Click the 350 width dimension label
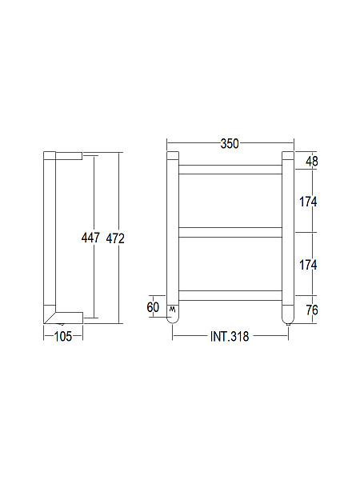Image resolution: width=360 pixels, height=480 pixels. point(230,144)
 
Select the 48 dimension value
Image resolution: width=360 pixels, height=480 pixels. point(312,161)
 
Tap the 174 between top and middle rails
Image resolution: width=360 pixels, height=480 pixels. point(309,202)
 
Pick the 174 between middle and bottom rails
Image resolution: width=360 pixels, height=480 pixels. point(309,264)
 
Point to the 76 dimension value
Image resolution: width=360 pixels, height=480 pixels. point(312,310)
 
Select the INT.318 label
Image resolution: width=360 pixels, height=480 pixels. point(230,337)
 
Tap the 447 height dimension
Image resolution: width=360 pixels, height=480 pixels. point(90,238)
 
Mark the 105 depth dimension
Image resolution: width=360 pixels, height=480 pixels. point(63,337)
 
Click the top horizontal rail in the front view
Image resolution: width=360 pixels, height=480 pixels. point(230,169)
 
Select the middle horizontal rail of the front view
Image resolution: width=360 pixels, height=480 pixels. point(230,233)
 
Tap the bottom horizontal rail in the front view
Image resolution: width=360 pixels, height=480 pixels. point(230,294)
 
